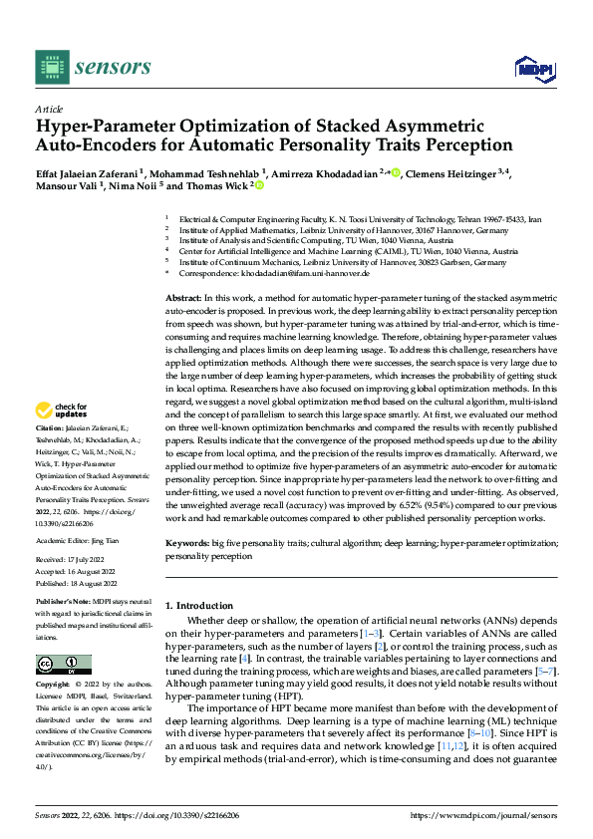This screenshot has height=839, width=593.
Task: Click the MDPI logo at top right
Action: [x=533, y=68]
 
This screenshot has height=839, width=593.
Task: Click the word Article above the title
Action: [x=49, y=109]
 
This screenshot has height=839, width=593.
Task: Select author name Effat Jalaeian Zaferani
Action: [x=88, y=172]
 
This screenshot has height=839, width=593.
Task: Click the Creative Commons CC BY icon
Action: [x=63, y=665]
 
